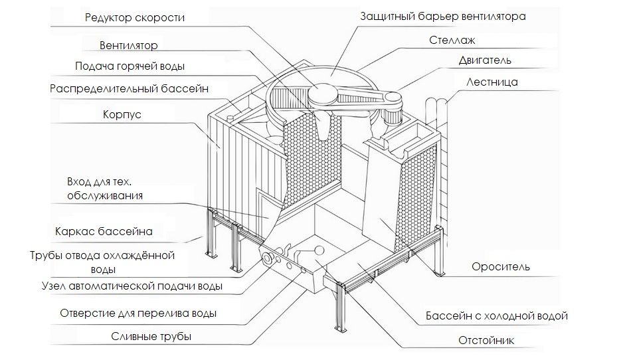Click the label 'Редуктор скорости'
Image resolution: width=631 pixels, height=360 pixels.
pos(135,17)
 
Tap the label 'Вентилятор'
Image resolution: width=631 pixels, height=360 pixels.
pos(130,46)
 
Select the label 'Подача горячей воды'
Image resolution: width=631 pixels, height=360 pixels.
pos(130,66)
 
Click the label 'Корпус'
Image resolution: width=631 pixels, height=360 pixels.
pos(122,115)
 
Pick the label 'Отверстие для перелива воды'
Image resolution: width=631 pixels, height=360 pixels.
pos(138,313)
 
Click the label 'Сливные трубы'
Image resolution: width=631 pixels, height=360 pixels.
pos(151,337)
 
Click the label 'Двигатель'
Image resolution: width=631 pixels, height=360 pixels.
pos(484,60)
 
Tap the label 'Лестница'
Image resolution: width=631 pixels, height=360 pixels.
pos(492,82)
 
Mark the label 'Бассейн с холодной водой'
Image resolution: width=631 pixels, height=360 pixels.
pos(497,316)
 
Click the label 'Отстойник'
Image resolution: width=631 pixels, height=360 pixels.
pos(486,341)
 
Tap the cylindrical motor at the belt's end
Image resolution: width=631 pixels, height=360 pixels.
pos(393,115)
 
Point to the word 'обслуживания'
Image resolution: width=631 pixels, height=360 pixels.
pos(105,195)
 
